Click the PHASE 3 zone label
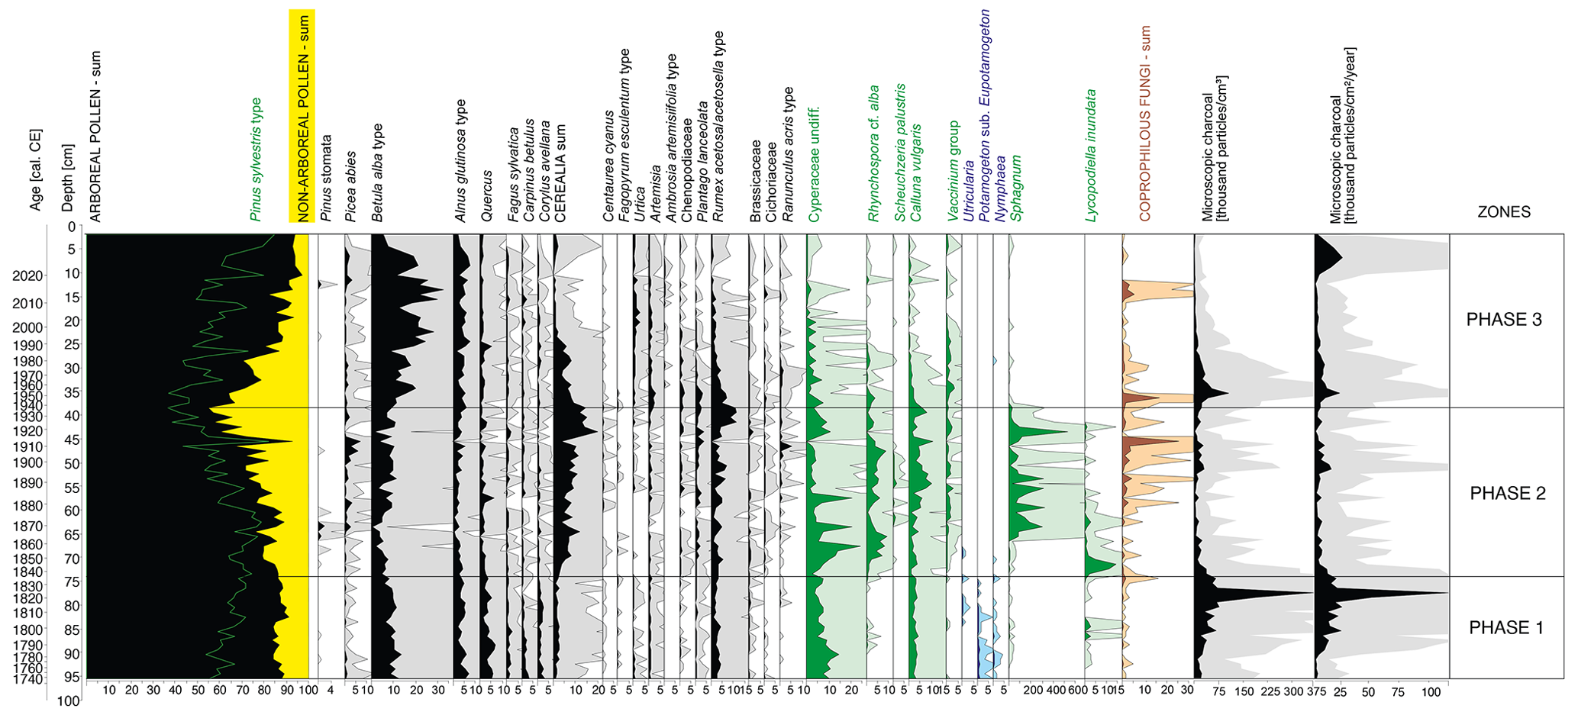1503,320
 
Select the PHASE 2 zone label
1507,494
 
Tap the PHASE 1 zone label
1505,628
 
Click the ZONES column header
1503,212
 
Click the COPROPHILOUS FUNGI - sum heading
1144,124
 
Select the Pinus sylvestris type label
256,159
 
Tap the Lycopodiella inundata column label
1090,156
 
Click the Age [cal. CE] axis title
35,169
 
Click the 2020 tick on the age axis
27,276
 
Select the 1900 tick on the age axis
27,462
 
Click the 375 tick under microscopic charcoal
1315,692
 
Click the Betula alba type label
377,173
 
